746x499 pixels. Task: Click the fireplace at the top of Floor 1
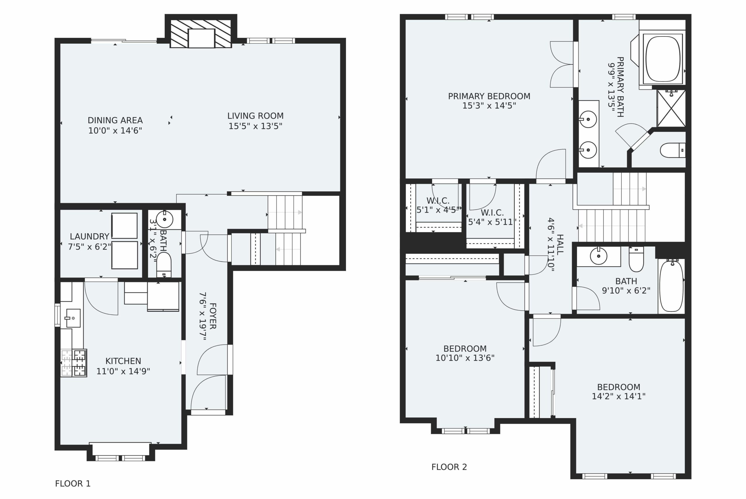[x=201, y=34]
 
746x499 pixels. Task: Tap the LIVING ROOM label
[x=255, y=116]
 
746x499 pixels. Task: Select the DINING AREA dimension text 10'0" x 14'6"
[x=115, y=131]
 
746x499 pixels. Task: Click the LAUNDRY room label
[x=89, y=237]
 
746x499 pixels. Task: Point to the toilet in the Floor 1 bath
[x=164, y=265]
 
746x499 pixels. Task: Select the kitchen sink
[x=73, y=318]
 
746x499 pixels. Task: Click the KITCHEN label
[x=123, y=361]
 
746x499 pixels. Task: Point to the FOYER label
[x=213, y=316]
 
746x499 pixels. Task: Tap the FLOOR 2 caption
[x=449, y=467]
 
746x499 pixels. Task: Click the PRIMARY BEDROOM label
[x=489, y=96]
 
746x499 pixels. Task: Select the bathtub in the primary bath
[x=663, y=59]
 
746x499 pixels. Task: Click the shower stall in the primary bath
[x=671, y=108]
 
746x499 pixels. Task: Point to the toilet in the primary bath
[x=673, y=150]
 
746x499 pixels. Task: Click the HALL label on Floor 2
[x=560, y=244]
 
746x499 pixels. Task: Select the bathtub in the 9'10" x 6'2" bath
[x=671, y=286]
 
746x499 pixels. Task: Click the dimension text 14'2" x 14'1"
[x=618, y=396]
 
